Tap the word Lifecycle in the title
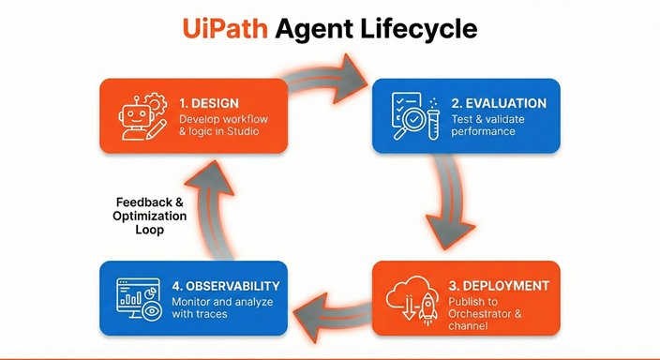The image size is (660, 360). [x=424, y=28]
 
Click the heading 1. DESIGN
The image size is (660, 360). [x=208, y=102]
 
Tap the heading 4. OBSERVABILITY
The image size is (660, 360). [x=225, y=285]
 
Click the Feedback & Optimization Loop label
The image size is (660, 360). [x=151, y=216]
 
